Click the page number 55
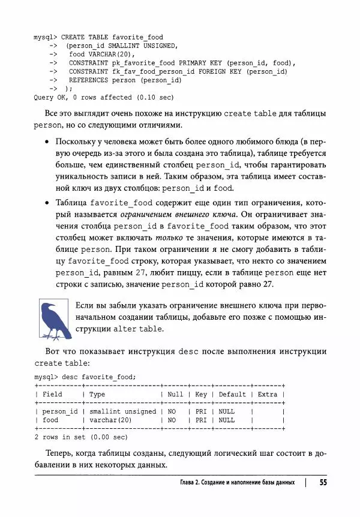click(x=323, y=482)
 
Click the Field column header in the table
click(x=52, y=394)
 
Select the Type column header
click(x=97, y=394)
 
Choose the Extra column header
click(x=268, y=394)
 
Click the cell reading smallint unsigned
click(x=122, y=412)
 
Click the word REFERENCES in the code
click(x=88, y=79)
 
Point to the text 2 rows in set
click(x=61, y=437)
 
